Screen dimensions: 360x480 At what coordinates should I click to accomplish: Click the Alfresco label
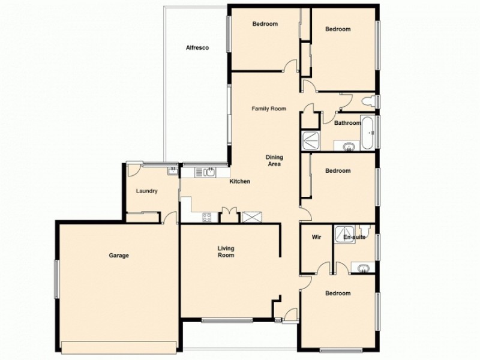click(x=197, y=47)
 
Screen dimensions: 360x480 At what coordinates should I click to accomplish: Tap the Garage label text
click(x=119, y=256)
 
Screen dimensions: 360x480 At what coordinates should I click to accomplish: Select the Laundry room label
click(x=146, y=191)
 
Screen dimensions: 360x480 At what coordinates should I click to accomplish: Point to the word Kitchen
click(x=240, y=181)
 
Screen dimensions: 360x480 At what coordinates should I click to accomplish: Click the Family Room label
click(x=268, y=109)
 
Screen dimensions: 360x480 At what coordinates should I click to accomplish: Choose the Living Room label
click(x=226, y=252)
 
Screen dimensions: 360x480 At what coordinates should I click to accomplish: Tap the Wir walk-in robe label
click(x=316, y=238)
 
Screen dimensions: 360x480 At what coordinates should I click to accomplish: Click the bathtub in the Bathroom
click(x=368, y=132)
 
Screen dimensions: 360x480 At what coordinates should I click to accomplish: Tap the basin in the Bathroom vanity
click(x=347, y=145)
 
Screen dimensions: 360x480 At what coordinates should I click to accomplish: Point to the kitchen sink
click(x=208, y=173)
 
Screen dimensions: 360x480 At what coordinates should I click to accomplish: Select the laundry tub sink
click(x=173, y=170)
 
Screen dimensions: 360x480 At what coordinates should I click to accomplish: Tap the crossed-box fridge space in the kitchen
click(x=249, y=217)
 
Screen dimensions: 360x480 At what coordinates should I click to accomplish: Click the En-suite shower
click(x=344, y=232)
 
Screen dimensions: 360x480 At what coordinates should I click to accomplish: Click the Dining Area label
click(x=274, y=161)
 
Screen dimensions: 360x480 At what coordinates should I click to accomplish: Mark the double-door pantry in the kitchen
click(x=229, y=216)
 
